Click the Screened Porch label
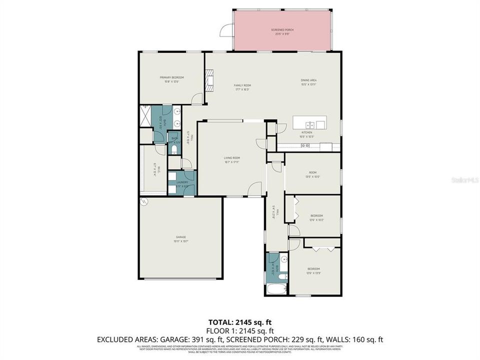[282, 30]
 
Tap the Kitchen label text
[305, 133]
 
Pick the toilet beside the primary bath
[173, 148]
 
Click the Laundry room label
[182, 182]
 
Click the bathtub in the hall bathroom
[275, 288]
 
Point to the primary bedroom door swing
[199, 98]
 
